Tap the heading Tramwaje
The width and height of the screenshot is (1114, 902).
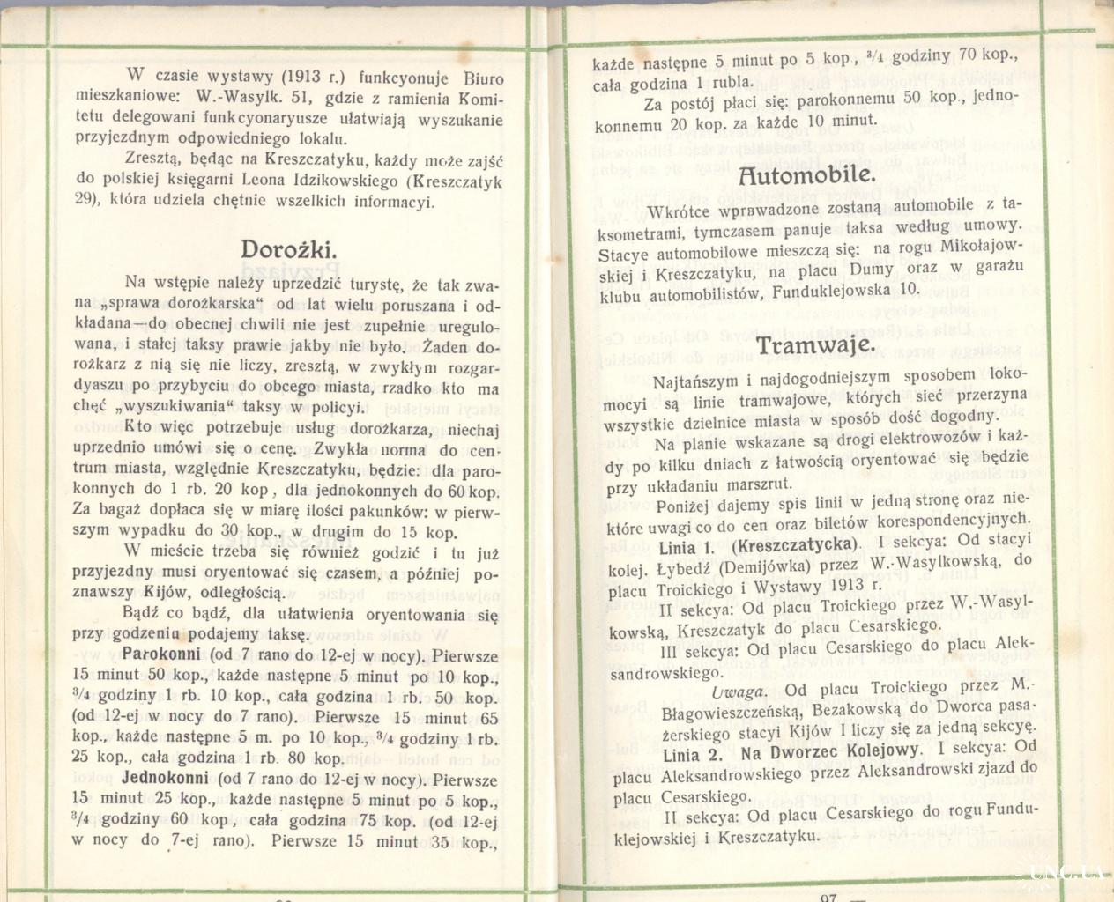(815, 344)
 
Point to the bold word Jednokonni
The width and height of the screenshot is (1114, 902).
(165, 779)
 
